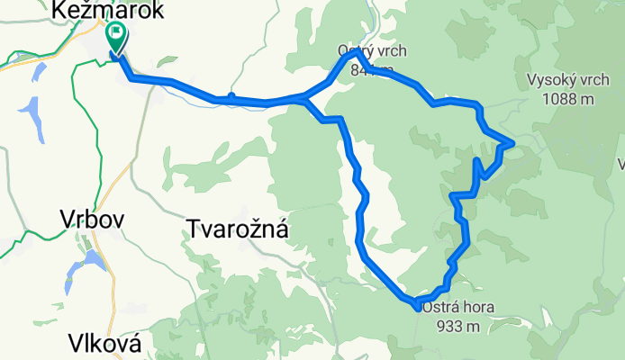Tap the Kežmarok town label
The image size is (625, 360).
click(x=108, y=11)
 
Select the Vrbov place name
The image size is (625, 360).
click(x=91, y=219)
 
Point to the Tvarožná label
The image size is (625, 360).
click(x=238, y=229)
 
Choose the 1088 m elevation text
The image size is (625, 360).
click(x=568, y=99)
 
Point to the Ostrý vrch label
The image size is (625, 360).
click(x=367, y=50)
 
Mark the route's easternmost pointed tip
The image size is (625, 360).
click(x=512, y=142)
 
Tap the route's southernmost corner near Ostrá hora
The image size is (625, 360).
click(x=417, y=305)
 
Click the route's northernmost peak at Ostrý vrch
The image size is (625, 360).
click(x=358, y=53)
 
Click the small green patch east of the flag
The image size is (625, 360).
click(x=167, y=62)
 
